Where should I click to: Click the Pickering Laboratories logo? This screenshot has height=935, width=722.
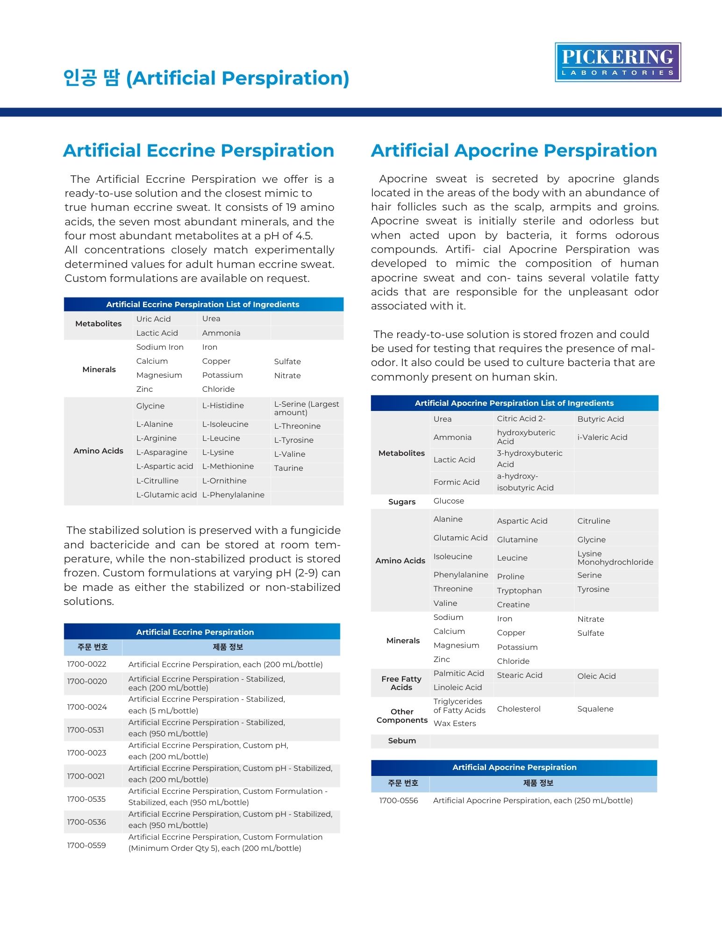pos(617,62)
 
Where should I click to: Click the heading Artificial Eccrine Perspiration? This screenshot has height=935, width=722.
pos(199,151)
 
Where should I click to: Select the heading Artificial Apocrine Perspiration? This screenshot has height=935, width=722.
pos(514,151)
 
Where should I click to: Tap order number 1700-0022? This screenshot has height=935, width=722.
pos(87,664)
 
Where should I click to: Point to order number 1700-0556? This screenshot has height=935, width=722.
pos(399,800)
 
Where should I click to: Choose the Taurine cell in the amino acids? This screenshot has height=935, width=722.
pos(288,468)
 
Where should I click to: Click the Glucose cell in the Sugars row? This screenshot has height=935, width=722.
pos(449,501)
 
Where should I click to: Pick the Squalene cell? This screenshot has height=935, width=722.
pos(595,709)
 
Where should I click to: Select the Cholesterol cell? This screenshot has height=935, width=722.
pos(518,709)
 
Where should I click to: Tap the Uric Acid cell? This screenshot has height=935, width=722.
pos(153,319)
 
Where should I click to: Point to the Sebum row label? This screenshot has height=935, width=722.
pos(402,741)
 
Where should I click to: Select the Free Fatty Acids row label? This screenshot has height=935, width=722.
pos(401,683)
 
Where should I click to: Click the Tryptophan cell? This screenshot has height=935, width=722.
pos(519,590)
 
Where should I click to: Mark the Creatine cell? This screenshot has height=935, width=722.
pos(513,604)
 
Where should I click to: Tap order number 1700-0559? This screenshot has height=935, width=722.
pos(87,845)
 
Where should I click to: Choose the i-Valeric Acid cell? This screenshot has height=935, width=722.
pos(602,437)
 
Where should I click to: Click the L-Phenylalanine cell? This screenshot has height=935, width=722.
pos(233,495)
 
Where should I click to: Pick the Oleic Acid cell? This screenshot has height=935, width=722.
pos(596,676)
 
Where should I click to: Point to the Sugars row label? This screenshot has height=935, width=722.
pos(402,502)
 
